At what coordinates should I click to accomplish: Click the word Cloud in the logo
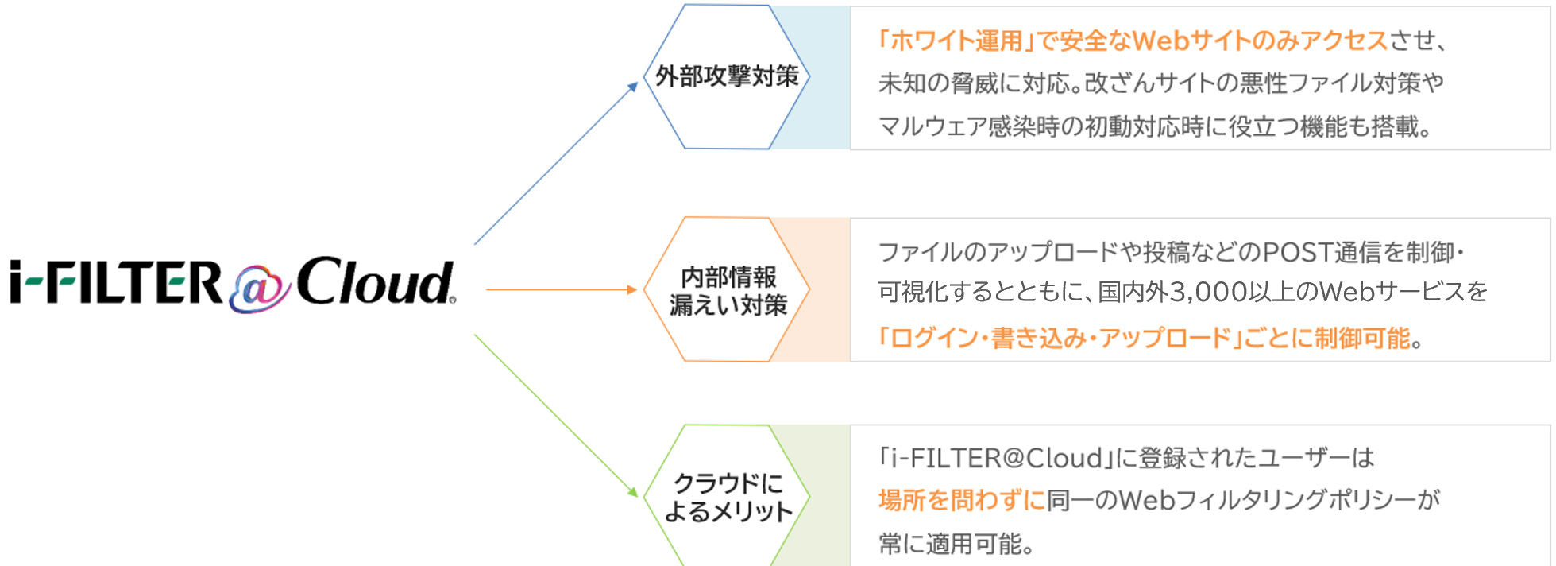pyautogui.click(x=374, y=282)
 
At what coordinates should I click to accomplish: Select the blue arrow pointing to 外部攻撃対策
pyautogui.click(x=556, y=163)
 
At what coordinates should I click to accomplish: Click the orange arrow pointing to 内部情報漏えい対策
pyautogui.click(x=561, y=290)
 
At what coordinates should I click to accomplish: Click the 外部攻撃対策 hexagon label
pyautogui.click(x=727, y=76)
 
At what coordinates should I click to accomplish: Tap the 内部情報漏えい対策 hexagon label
pyautogui.click(x=728, y=291)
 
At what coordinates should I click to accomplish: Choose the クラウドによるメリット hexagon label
pyautogui.click(x=728, y=498)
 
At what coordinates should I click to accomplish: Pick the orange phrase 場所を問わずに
pyautogui.click(x=961, y=501)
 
